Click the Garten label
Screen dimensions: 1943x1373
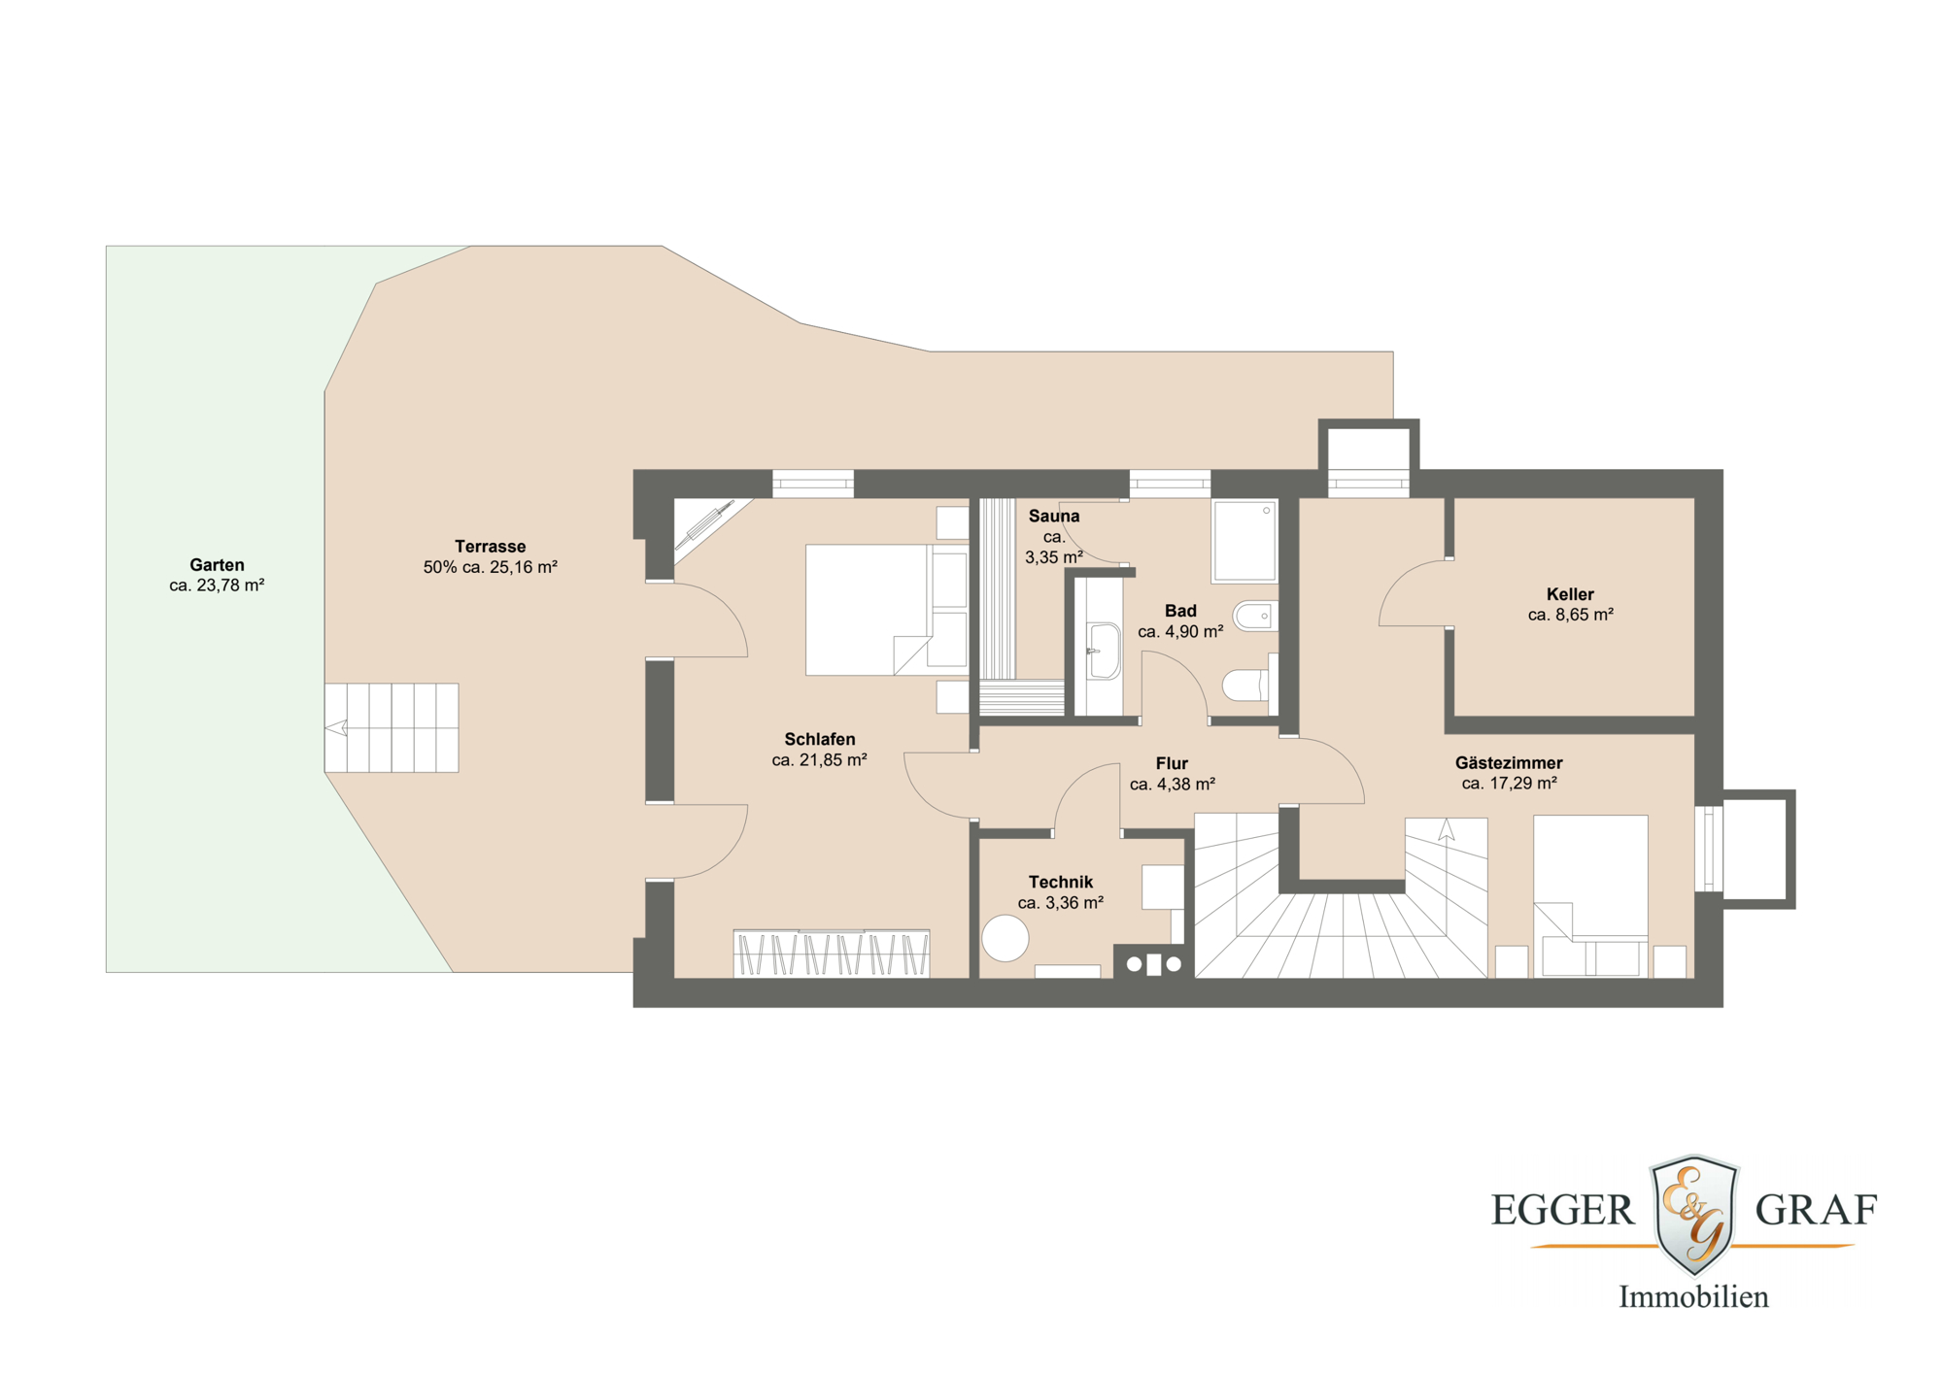(x=217, y=565)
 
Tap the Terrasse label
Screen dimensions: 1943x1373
(x=491, y=547)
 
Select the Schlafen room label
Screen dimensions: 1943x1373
(x=820, y=740)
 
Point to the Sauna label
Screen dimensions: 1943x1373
(x=1054, y=517)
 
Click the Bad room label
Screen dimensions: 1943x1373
(x=1180, y=611)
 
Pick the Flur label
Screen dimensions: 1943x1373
(x=1172, y=764)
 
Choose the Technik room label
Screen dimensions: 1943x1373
(x=1061, y=883)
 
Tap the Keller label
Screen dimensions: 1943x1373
(x=1570, y=594)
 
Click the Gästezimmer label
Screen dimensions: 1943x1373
(x=1509, y=763)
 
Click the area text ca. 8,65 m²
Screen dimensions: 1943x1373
(x=1571, y=615)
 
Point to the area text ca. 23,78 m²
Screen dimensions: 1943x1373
(x=217, y=586)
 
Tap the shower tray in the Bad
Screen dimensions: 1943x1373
(x=1244, y=542)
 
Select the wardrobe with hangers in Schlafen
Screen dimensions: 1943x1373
(x=832, y=954)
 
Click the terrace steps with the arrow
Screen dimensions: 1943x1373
(x=392, y=727)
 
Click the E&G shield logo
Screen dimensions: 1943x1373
(x=1694, y=1215)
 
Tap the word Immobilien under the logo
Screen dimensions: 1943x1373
(x=1693, y=1297)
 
